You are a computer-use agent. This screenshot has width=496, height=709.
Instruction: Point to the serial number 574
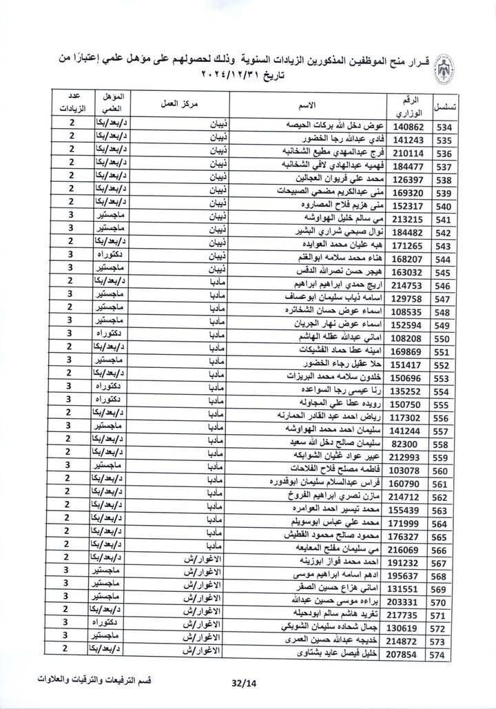[x=447, y=657]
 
